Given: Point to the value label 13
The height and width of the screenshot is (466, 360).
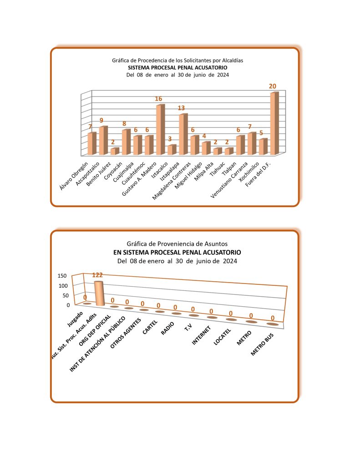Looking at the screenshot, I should (x=182, y=108).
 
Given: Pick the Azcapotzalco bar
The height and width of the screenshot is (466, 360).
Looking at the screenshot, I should (x=103, y=140).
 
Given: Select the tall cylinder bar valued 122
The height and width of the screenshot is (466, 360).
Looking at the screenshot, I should (x=99, y=294).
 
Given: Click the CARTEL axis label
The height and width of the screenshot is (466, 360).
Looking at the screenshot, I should (x=151, y=329).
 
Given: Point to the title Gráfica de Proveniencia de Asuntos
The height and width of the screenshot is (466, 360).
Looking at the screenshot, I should (x=177, y=243).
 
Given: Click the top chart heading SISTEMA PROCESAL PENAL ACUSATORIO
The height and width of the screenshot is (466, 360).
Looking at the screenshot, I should (x=177, y=67).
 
